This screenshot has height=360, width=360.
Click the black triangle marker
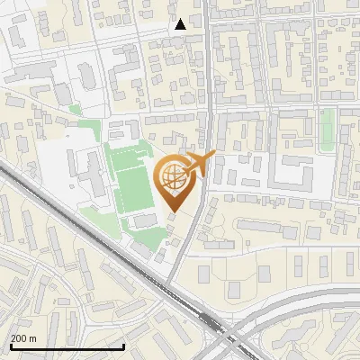pos(181,23)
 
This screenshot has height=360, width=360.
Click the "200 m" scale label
pos(23,338)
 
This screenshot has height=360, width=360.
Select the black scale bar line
pos(67,346)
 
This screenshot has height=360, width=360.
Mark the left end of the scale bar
pos(11,346)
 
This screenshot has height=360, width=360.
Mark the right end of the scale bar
pos(123,346)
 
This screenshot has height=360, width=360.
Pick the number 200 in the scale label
pos(19,338)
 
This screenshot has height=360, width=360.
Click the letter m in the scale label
pos(33,338)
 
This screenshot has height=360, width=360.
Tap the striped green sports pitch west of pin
pos(132,184)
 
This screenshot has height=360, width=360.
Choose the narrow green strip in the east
pos(328,127)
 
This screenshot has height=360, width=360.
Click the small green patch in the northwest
pos(76,110)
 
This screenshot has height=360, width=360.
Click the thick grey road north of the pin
pos(211,81)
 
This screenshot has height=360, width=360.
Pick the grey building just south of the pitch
pos(142,220)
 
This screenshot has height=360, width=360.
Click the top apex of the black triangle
pos(181,18)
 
